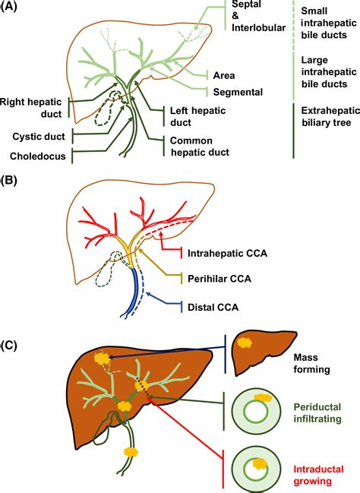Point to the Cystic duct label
click(x=39, y=136)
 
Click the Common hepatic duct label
click(x=200, y=146)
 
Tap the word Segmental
click(x=238, y=93)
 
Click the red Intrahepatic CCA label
click(x=229, y=251)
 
